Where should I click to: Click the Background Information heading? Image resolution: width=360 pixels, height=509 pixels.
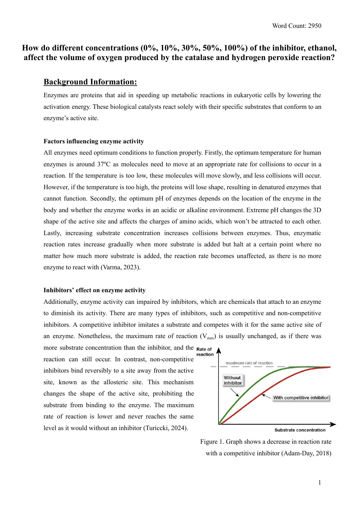pyautogui.click(x=90, y=82)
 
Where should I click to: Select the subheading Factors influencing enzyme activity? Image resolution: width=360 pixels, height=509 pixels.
pyautogui.click(x=94, y=141)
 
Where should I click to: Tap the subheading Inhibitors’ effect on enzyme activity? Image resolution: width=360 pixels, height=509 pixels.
pyautogui.click(x=95, y=290)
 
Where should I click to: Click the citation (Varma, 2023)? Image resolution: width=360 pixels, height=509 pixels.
pyautogui.click(x=120, y=267)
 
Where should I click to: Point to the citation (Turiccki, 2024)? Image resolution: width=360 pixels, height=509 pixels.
pyautogui.click(x=166, y=428)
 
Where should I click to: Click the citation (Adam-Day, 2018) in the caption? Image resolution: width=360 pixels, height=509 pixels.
pyautogui.click(x=306, y=453)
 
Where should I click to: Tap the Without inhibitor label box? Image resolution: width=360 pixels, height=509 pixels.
pyautogui.click(x=232, y=380)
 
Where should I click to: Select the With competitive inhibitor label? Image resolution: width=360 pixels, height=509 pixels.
pyautogui.click(x=301, y=398)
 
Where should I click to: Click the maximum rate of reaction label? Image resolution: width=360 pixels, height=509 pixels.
pyautogui.click(x=249, y=363)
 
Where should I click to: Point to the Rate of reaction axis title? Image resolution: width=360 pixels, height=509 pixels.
pyautogui.click(x=205, y=352)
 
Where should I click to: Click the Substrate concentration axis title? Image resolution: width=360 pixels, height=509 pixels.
pyautogui.click(x=300, y=430)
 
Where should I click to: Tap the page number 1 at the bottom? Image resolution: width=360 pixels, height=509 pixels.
pyautogui.click(x=320, y=483)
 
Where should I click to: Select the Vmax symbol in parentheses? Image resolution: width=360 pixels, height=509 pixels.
pyautogui.click(x=208, y=337)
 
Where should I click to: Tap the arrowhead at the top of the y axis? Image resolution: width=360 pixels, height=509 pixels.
pyautogui.click(x=219, y=351)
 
